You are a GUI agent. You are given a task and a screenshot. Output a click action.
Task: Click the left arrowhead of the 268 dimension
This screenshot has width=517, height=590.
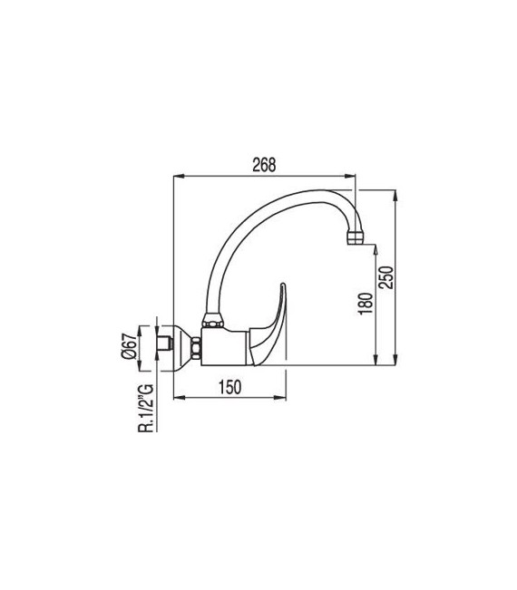pyautogui.click(x=176, y=175)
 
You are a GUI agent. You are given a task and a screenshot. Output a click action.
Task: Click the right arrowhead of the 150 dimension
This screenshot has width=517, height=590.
pyautogui.click(x=284, y=397)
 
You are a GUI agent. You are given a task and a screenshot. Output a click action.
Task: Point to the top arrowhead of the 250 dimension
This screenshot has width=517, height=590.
pyautogui.click(x=396, y=193)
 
